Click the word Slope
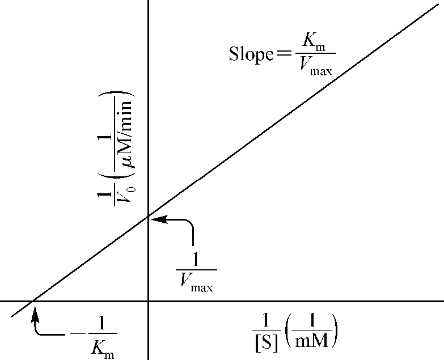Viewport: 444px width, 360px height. [x=251, y=54]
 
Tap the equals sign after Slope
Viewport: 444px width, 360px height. [x=284, y=53]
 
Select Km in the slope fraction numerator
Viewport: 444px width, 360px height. [x=314, y=43]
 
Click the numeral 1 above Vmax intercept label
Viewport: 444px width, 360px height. [x=196, y=259]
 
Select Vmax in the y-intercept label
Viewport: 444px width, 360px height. [x=196, y=282]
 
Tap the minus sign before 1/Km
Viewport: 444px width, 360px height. [x=78, y=334]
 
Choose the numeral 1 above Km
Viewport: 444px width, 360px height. [x=101, y=323]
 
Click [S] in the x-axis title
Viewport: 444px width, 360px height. [x=266, y=344]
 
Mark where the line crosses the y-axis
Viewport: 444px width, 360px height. [x=149, y=217]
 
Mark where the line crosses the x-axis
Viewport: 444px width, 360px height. [x=32, y=301]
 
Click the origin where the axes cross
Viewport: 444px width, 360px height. [x=149, y=301]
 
